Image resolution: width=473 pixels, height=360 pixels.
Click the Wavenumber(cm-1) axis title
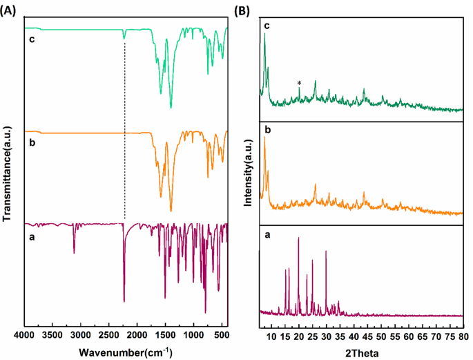[x=125, y=352]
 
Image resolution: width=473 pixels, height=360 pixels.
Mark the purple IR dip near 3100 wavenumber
[x=75, y=252]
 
